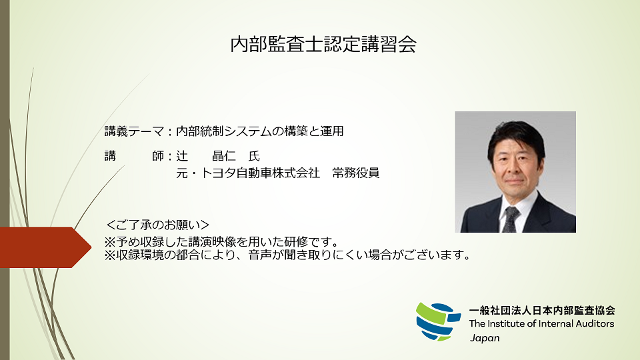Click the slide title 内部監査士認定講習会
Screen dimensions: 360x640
[x=323, y=45]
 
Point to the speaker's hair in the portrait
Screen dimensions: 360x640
[x=517, y=133]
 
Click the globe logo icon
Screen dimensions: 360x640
[x=437, y=321]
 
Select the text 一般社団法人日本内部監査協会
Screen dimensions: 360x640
[x=541, y=310]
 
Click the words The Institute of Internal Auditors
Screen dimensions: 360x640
[x=541, y=323]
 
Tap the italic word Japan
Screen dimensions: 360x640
[x=485, y=337]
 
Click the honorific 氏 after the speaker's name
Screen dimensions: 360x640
[x=253, y=157]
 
